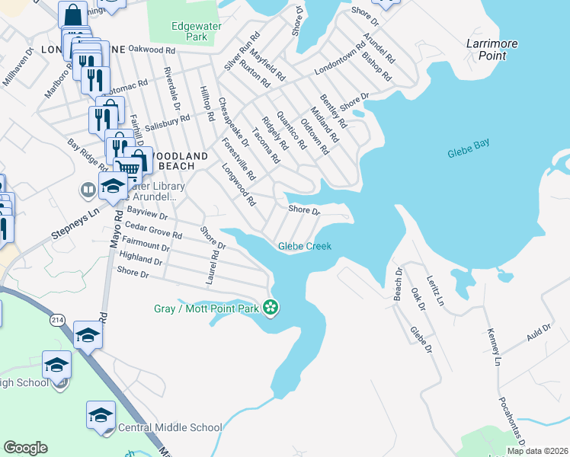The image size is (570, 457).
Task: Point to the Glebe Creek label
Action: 305,246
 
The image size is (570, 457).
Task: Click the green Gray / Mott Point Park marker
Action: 271,308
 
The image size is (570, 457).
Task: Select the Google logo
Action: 25,448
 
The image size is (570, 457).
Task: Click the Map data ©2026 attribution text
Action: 536,451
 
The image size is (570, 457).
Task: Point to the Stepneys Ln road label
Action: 75,225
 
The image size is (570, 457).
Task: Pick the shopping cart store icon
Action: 131,167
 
